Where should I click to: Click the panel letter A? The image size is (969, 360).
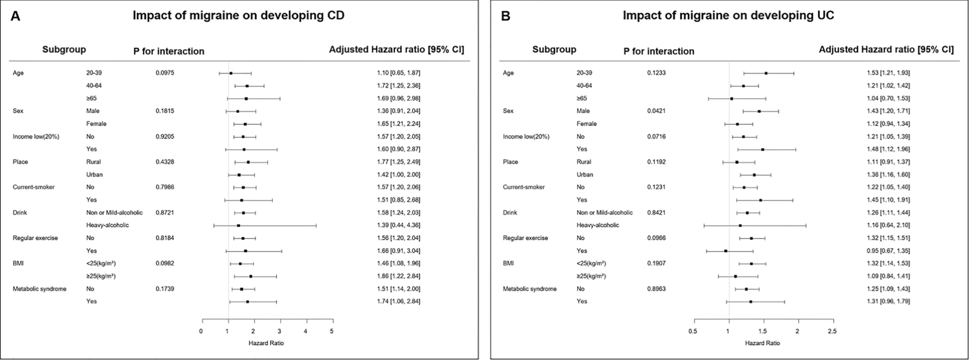(16, 16)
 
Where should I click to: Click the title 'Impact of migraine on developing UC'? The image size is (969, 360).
(728, 16)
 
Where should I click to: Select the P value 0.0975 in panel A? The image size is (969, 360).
(165, 73)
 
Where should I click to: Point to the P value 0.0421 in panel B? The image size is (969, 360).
(656, 111)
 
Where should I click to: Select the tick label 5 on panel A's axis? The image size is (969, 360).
(331, 331)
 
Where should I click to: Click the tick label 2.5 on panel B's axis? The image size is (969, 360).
(832, 331)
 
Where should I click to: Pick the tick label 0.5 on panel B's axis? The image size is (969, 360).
(693, 331)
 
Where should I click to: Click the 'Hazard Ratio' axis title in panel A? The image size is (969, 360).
(266, 343)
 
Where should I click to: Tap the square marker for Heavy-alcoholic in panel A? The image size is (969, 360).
(238, 225)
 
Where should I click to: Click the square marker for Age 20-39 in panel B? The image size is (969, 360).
(766, 73)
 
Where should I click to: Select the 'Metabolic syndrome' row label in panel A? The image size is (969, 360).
(39, 289)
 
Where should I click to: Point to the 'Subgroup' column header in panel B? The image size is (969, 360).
(554, 49)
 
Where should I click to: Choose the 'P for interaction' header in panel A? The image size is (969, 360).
(169, 51)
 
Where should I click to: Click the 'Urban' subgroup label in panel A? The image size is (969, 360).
(94, 174)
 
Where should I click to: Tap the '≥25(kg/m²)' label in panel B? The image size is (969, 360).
(591, 276)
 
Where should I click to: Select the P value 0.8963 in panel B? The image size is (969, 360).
(656, 289)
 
